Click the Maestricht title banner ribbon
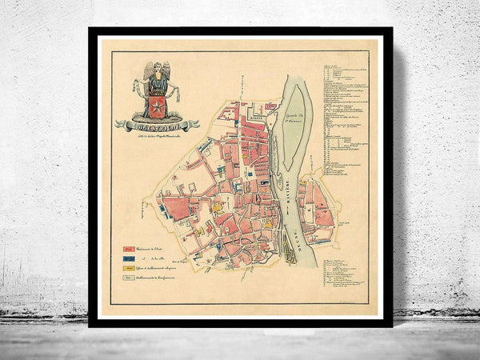(x=156, y=125)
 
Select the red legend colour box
(x=128, y=249)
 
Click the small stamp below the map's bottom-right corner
(x=355, y=306)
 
